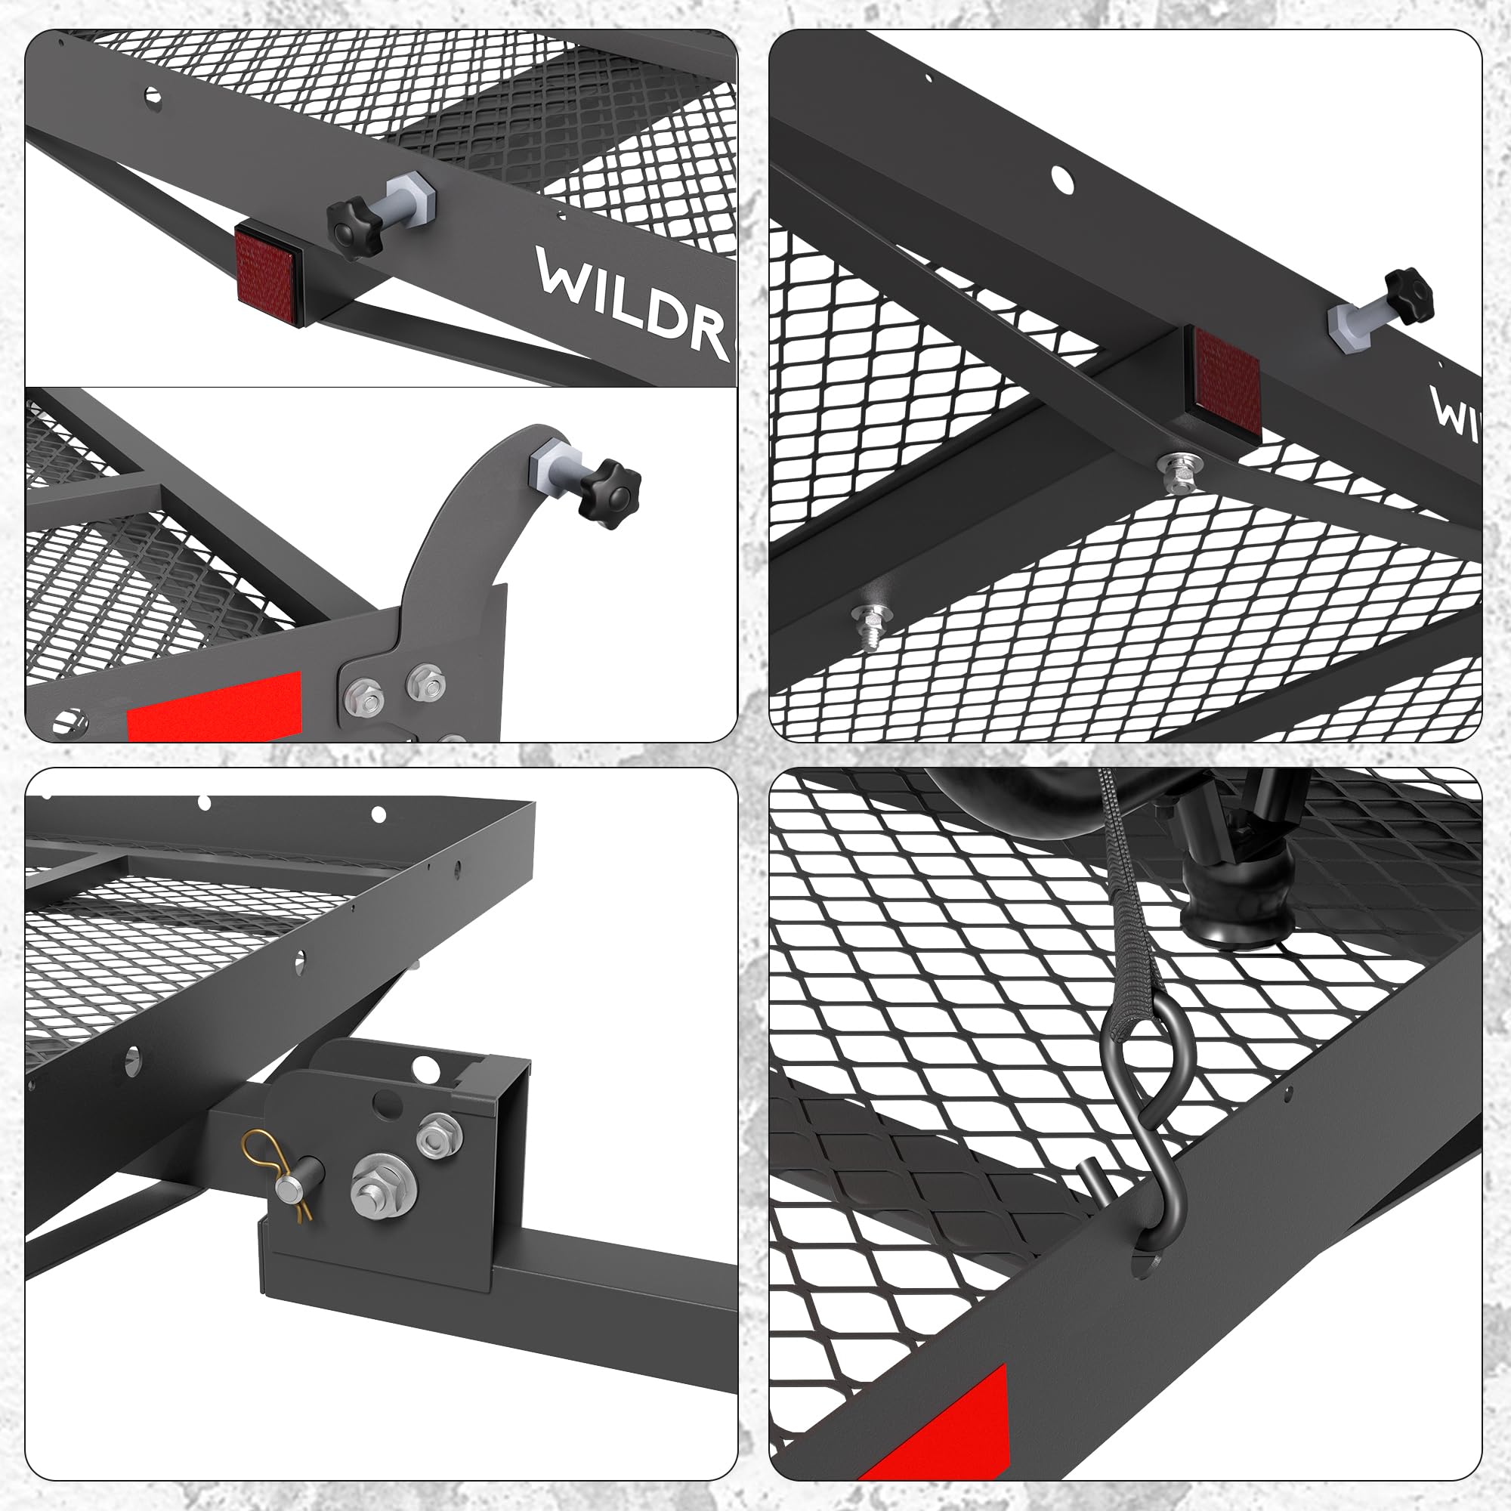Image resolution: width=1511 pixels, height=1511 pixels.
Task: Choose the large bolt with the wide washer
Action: pos(382,1184)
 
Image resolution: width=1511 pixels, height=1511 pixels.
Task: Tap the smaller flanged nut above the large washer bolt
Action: pos(440,1132)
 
